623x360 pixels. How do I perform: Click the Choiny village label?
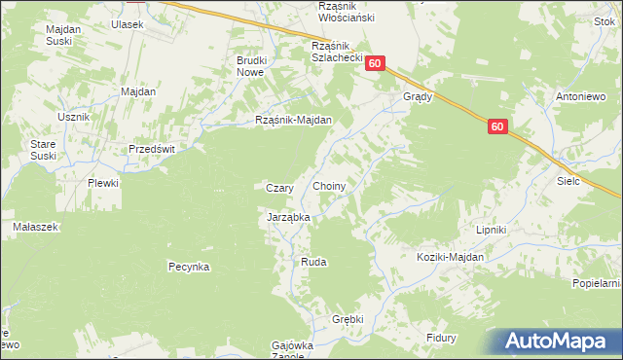[331, 185]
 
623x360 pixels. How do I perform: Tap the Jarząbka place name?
[288, 218]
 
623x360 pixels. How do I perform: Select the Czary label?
[280, 188]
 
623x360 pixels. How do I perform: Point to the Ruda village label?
[313, 263]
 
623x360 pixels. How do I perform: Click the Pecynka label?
[189, 266]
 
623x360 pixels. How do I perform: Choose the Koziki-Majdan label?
[450, 256]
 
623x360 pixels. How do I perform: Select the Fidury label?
[442, 338]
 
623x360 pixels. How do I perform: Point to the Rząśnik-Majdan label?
[294, 121]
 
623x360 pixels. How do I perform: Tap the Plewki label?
[103, 183]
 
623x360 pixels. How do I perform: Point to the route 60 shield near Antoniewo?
[497, 126]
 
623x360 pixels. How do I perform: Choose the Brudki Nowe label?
[251, 66]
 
